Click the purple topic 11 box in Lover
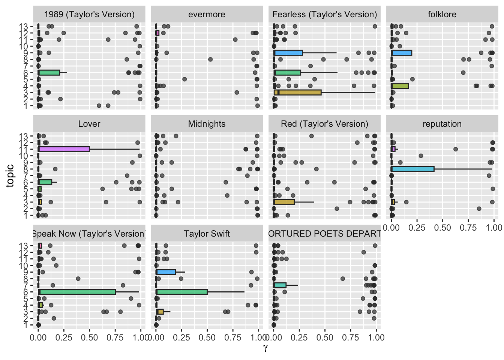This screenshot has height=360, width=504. click(64, 149)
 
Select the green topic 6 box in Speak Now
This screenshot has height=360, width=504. click(77, 292)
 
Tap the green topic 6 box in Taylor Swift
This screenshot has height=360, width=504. click(182, 292)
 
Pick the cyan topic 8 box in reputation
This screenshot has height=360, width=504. click(412, 169)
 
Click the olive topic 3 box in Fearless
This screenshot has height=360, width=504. click(298, 92)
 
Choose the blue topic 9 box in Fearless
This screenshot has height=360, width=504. click(288, 53)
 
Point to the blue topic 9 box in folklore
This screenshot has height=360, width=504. click(402, 53)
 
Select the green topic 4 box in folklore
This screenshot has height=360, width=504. click(400, 86)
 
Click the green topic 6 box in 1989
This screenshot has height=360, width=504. click(49, 72)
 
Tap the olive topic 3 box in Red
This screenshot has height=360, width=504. click(284, 202)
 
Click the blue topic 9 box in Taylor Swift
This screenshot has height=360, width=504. click(166, 272)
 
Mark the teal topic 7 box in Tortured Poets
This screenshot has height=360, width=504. click(280, 285)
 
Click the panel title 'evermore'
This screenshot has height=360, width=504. click(207, 15)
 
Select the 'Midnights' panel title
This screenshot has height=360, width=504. click(207, 124)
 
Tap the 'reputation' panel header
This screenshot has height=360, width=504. click(442, 124)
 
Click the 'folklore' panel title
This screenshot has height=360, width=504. click(442, 15)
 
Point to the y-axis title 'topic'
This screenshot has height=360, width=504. click(10, 175)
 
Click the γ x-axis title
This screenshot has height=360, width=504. click(265, 348)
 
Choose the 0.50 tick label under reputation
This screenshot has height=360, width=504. click(442, 228)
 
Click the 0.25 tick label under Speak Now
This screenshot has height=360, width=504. click(64, 337)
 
